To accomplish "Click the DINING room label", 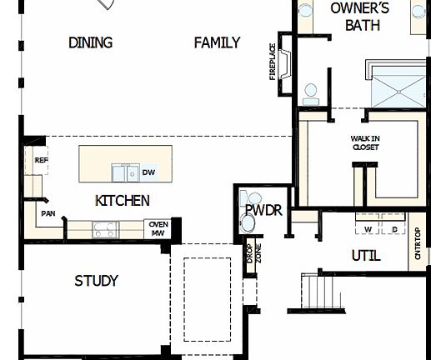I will coord(91,42).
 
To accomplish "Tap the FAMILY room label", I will coord(217,42).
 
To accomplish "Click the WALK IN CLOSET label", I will coord(365,142).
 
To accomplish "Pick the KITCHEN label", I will coord(123,201).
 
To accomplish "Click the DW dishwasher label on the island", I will coord(148,173).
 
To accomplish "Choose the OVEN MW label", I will coord(158,227).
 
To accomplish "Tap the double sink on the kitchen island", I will coord(127,172).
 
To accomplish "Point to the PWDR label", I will coord(263,211).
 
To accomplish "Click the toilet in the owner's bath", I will coord(312,92).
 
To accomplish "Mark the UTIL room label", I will coord(366,257).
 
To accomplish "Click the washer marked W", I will coord(368,228).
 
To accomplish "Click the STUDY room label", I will coord(96,281).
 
